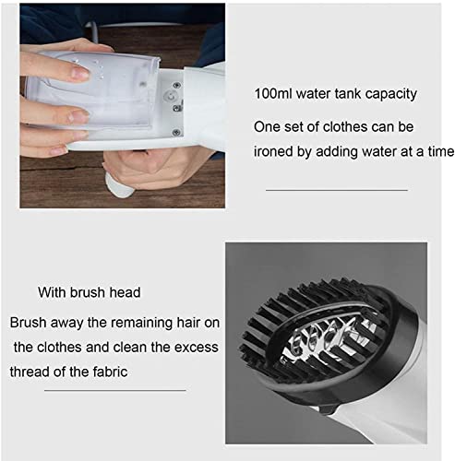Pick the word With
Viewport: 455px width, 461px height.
[x=54, y=293]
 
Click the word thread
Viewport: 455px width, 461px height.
[x=32, y=372]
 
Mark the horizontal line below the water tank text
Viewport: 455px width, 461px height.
[x=336, y=189]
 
